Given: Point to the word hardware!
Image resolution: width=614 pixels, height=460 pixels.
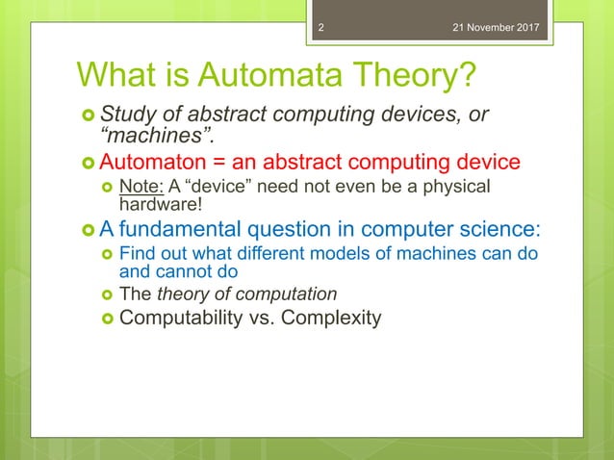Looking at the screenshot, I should coord(160,203).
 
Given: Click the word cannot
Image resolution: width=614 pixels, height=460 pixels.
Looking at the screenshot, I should coord(180,271).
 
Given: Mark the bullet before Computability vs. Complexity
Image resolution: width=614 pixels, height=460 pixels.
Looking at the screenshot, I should coord(108,318).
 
